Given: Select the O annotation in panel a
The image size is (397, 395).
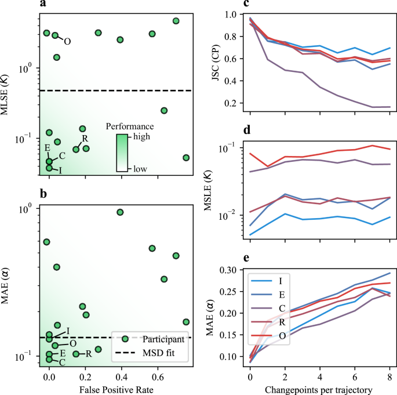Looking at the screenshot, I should click(x=67, y=42).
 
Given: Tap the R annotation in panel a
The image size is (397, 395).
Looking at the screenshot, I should click(x=85, y=139).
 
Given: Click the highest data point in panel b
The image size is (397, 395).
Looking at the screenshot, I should click(x=120, y=212).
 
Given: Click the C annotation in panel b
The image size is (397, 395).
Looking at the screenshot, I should click(x=61, y=362).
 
